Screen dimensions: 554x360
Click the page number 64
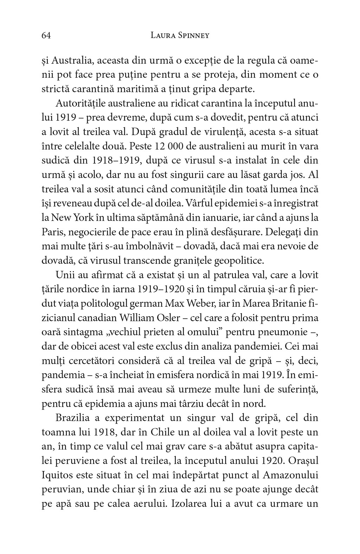pos(46,35)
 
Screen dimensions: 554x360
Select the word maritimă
pos(144,89)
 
